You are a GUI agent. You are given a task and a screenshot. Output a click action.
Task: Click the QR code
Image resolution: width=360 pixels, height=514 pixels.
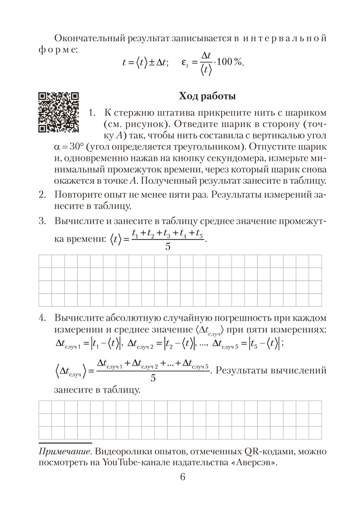point(58,112)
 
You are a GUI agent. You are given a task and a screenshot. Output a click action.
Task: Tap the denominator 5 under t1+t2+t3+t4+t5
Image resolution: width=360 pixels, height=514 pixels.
point(168,247)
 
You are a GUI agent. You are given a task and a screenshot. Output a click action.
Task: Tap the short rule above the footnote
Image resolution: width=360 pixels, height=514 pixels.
point(65,442)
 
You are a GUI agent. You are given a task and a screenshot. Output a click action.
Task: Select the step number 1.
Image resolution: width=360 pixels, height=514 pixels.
point(92,113)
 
